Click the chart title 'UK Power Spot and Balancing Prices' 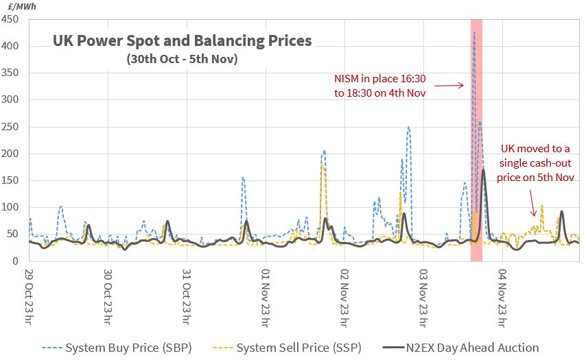[x=182, y=41]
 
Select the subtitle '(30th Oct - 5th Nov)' [x=182, y=59]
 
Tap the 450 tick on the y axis [x=10, y=19]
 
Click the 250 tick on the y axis [x=10, y=127]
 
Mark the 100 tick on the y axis [x=10, y=207]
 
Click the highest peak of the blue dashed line [x=473, y=32]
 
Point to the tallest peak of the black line [x=484, y=169]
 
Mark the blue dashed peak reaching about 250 [x=408, y=127]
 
